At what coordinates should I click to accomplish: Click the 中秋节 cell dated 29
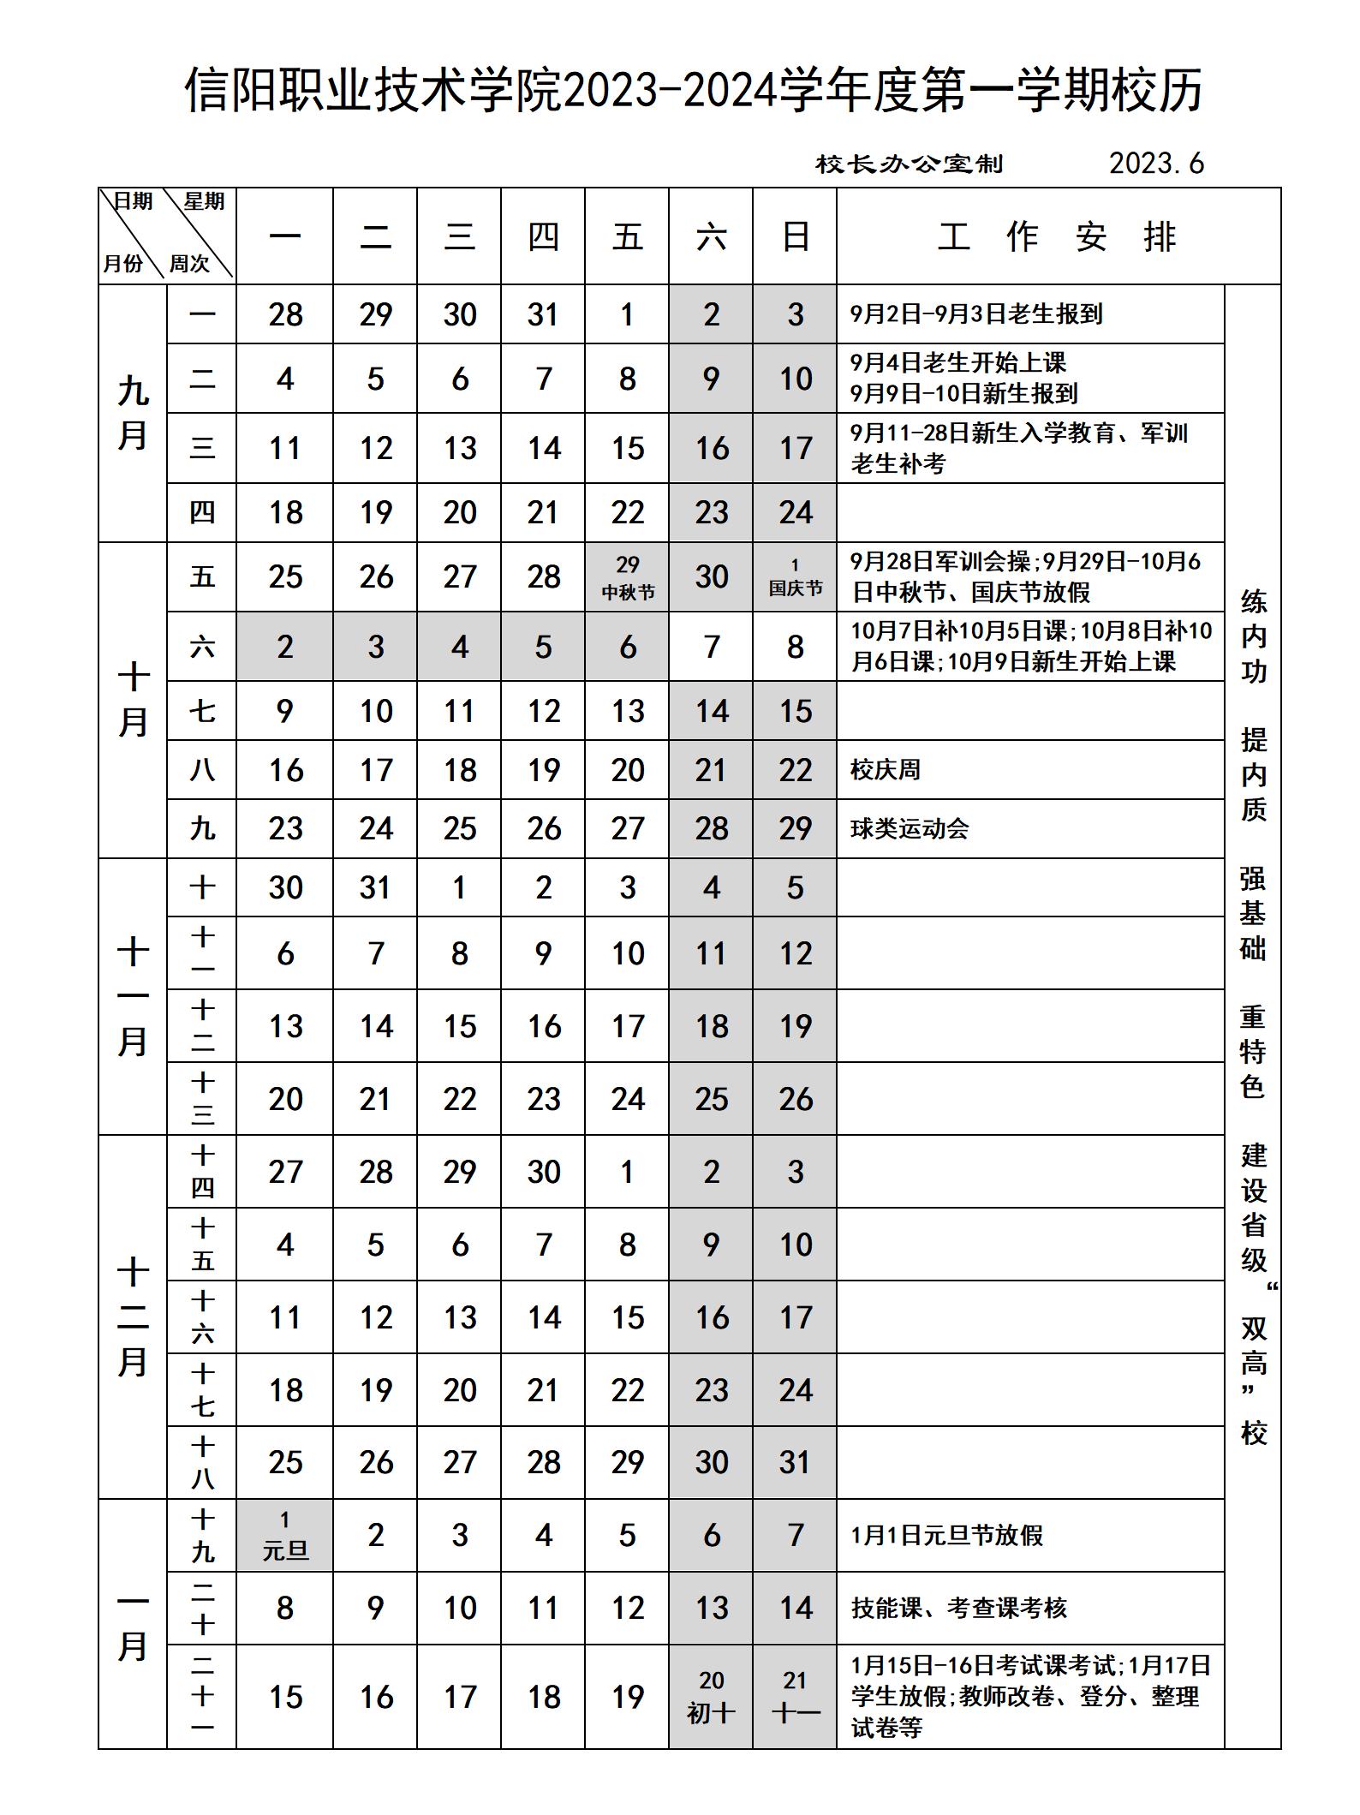[627, 576]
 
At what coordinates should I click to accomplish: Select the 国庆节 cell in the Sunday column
[795, 576]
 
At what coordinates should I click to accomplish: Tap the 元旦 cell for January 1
[284, 1535]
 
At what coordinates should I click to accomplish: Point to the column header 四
[543, 236]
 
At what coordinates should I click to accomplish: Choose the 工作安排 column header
[1058, 236]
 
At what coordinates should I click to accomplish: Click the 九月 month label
[133, 413]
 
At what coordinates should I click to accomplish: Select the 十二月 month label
[133, 1316]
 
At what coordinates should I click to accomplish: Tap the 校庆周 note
[885, 769]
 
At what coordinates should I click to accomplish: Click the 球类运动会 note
[909, 828]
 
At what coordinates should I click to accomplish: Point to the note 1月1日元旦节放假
[946, 1535]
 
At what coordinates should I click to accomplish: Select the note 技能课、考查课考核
[958, 1608]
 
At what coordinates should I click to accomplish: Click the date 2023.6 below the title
[1156, 163]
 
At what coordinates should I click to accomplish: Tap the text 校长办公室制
[909, 164]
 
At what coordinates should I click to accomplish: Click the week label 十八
[202, 1462]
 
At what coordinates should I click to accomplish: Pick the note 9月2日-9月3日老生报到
[975, 313]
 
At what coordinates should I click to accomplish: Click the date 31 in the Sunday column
[795, 1462]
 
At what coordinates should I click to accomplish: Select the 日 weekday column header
[795, 236]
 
